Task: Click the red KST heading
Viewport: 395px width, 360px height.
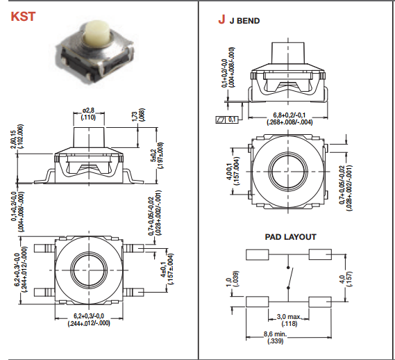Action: (x=23, y=17)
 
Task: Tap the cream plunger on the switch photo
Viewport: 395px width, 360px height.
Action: (x=96, y=33)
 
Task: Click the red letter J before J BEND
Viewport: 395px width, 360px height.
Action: (x=221, y=19)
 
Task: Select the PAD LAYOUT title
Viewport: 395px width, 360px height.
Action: (x=290, y=237)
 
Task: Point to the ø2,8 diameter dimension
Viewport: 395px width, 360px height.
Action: (x=88, y=114)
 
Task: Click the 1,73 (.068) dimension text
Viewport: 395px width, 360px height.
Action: (x=138, y=115)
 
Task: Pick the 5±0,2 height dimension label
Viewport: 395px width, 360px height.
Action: (x=157, y=156)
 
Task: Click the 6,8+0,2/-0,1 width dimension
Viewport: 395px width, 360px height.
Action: (x=289, y=119)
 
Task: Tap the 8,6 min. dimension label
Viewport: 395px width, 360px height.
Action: (x=275, y=338)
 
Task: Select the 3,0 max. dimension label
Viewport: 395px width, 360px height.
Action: (x=289, y=320)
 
